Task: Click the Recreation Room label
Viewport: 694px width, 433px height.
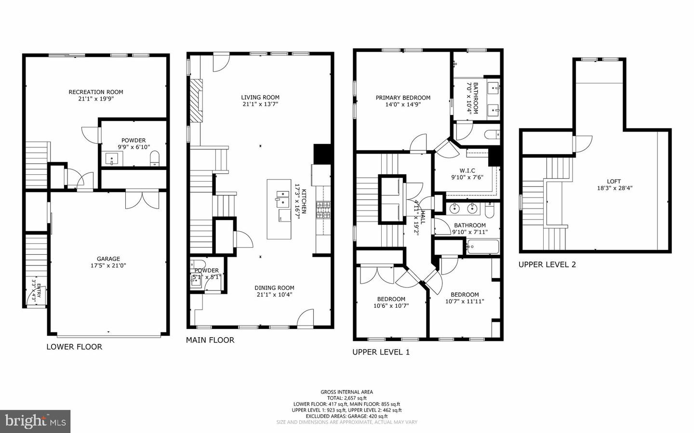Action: pos(95,92)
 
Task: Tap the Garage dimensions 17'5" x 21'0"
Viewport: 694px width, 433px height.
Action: pos(108,265)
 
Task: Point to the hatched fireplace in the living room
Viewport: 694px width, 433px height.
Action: pos(196,101)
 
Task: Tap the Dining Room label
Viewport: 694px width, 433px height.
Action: pos(274,288)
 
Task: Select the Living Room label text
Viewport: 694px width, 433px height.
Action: pos(260,97)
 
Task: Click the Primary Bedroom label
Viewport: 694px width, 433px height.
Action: pos(403,98)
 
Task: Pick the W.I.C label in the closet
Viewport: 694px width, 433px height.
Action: pos(467,171)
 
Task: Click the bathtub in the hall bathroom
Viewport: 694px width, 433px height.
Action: pos(482,248)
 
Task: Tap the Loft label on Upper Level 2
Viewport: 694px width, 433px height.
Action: pos(614,182)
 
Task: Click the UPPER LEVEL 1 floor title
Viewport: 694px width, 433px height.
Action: pos(381,352)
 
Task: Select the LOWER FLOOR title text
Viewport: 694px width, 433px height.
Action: pos(74,347)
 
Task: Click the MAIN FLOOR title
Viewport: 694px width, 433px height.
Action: pos(210,340)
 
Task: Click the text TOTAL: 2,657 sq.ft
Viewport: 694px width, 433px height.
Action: pos(347,398)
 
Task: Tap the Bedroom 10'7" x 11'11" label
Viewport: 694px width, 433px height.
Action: pos(465,295)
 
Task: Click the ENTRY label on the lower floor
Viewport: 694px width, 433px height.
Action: pos(39,290)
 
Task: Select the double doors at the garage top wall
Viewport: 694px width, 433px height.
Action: pos(142,199)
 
